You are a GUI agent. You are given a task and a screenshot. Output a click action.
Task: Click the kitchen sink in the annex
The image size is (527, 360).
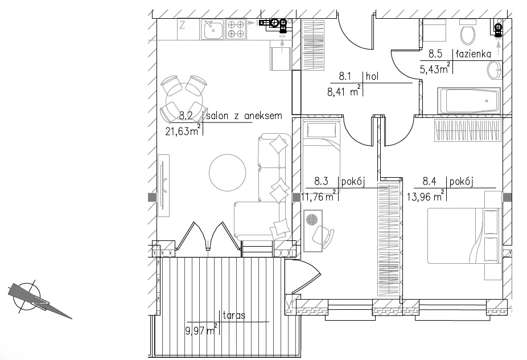click(212, 29)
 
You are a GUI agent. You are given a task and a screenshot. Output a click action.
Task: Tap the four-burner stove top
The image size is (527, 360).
click(236, 29)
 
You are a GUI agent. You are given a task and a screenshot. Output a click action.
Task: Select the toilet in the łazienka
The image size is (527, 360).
click(467, 32)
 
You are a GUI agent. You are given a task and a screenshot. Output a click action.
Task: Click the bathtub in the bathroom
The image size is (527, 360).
click(468, 101)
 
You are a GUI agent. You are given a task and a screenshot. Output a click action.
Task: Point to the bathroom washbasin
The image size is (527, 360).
click(495, 70)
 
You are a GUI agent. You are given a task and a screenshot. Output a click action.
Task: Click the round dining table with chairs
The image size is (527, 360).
click(183, 100)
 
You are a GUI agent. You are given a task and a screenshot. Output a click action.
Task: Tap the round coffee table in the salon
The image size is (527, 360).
click(228, 173)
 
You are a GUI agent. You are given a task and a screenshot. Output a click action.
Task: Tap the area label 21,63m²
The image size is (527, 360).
click(183, 130)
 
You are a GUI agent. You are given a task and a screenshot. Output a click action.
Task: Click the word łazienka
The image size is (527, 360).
click(474, 54)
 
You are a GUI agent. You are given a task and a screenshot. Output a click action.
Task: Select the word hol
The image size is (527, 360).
click(372, 76)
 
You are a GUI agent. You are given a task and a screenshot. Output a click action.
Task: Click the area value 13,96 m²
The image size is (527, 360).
click(426, 196)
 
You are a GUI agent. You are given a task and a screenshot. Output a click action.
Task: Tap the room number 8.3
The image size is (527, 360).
click(321, 182)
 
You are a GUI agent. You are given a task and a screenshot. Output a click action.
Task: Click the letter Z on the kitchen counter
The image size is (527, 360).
click(182, 25)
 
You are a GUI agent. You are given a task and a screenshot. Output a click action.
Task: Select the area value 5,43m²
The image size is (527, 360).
click(435, 69)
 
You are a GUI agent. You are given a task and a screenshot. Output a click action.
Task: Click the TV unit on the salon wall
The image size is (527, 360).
click(163, 186)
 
